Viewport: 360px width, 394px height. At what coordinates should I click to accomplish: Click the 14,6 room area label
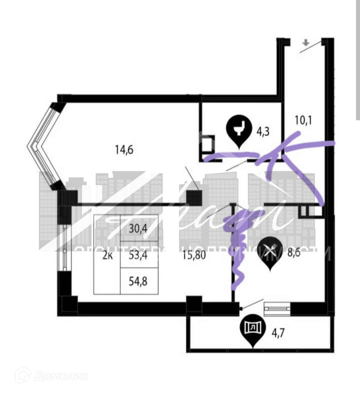tap(124, 150)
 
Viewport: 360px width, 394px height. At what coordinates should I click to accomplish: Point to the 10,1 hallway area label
tap(303, 121)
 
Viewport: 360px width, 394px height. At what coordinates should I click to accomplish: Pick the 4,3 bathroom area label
tap(262, 132)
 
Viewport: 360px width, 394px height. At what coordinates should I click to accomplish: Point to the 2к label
tap(107, 255)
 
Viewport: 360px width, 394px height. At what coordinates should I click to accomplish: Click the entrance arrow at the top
tap(306, 42)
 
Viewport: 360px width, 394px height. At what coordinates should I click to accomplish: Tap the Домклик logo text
tap(61, 376)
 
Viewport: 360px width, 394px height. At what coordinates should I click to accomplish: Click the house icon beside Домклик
tap(25, 376)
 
